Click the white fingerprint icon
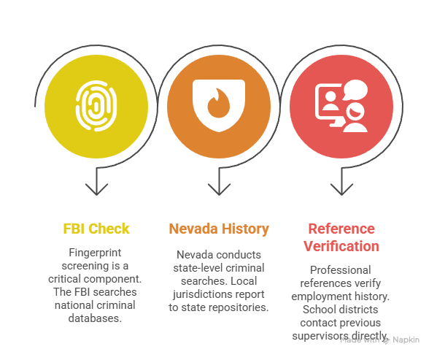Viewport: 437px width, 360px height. click(96, 106)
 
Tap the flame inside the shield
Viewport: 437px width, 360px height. click(219, 103)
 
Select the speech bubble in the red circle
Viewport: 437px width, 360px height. click(355, 89)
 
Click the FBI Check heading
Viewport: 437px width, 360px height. click(96, 229)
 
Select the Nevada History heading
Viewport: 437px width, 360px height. click(219, 229)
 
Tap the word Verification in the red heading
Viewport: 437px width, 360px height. click(341, 246)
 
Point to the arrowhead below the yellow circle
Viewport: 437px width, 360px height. click(96, 189)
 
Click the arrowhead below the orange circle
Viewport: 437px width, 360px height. click(219, 189)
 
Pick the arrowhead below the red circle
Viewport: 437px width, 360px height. click(341, 189)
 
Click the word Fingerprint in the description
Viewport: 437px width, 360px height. click(95, 253)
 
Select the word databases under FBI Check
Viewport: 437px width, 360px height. click(95, 318)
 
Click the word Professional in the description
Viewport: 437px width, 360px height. click(340, 270)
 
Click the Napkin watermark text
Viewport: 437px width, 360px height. click(406, 340)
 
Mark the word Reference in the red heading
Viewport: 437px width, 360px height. click(341, 229)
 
